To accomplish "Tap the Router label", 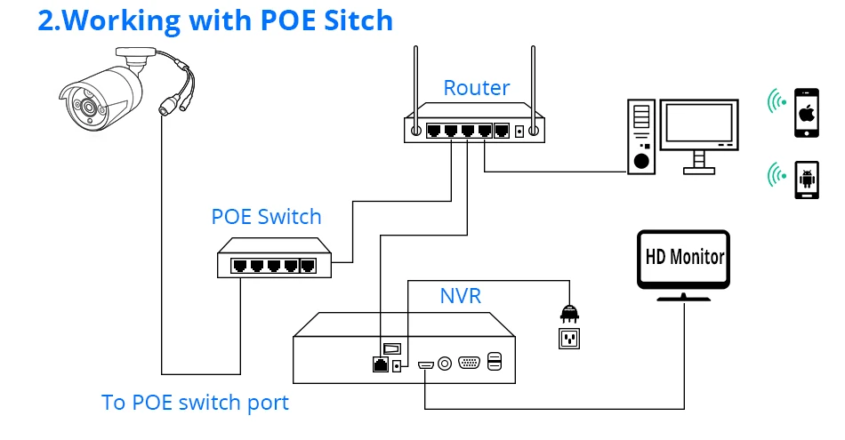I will coord(477,88).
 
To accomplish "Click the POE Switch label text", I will coord(266,217).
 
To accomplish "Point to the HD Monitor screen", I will coord(683,259).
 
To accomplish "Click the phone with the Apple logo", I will coord(807,112).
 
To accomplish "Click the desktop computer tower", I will coord(640,137).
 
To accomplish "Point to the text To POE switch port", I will coord(195,403).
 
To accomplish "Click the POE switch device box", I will coord(266,259).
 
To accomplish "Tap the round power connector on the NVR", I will coord(444,363).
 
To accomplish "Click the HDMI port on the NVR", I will coord(425,364).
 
